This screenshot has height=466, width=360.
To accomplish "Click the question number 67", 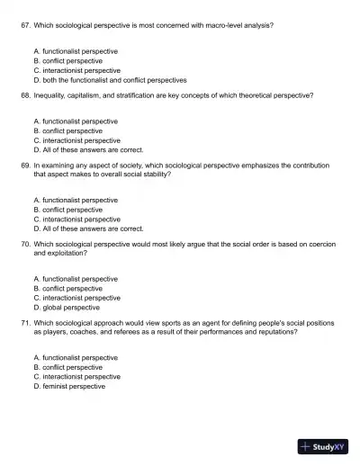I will tap(25, 26).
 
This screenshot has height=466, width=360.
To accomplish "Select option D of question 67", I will tap(109, 79).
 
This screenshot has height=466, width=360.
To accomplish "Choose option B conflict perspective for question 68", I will tap(67, 130).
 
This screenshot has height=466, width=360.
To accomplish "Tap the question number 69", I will tap(25, 166).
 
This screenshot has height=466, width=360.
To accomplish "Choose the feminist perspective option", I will tap(68, 386).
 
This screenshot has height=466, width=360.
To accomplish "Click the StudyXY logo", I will tap(322, 446).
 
